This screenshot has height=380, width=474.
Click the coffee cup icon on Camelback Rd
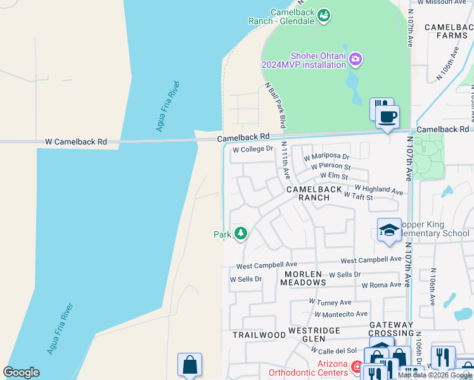pos(387,117)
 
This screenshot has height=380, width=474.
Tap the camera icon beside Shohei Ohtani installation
pos(355,60)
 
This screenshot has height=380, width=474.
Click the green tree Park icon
pos(240,234)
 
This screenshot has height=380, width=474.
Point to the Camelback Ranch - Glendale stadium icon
pos(324,15)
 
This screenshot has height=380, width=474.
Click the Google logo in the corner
pos(21,372)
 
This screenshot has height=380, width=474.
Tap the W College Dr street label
pos(252,150)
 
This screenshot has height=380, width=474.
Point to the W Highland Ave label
pos(378,189)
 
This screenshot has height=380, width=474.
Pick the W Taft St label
pos(358,197)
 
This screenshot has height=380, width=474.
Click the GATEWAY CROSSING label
pos(392,329)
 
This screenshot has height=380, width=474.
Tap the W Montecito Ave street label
pos(340,314)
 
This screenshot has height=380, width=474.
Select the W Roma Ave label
pos(381,285)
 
